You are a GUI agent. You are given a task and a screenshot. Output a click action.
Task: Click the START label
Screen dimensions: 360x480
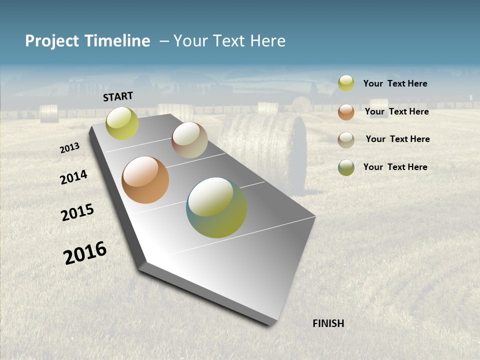coord(118,96)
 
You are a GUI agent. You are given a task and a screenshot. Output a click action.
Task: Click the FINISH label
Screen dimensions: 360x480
coord(328,323)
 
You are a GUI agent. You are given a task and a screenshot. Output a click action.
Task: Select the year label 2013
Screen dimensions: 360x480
coord(70,148)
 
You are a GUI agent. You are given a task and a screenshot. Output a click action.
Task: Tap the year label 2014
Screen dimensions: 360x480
coord(74,177)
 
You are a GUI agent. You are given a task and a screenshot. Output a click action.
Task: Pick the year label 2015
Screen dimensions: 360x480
coord(77,212)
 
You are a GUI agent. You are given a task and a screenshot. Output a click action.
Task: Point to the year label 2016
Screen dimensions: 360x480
coord(85,253)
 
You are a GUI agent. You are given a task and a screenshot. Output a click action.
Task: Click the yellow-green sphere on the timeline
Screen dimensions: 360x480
coord(122,123)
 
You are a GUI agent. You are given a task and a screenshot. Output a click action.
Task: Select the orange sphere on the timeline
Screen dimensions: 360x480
coord(145,180)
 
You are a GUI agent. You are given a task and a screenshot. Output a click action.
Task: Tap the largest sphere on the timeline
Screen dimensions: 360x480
coord(216,207)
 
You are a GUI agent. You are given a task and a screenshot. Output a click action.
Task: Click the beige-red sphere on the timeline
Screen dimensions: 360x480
coord(189,140)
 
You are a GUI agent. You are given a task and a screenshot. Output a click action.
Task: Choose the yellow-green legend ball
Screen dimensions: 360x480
coord(346,83)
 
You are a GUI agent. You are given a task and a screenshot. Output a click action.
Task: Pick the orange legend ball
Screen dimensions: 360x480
coord(346,112)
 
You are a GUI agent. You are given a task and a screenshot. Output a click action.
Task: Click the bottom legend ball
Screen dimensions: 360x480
coord(346,167)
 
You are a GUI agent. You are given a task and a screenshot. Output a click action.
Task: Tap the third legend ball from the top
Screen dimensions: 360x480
coord(346,140)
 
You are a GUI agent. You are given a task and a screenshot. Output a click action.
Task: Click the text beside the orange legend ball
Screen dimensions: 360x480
coord(396,111)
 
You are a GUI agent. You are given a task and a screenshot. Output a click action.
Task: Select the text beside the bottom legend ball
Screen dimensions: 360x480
coord(395,167)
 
